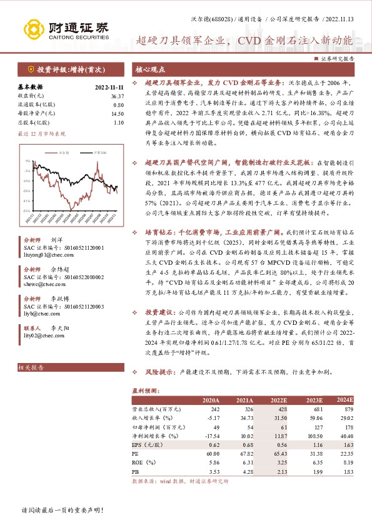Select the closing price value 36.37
(x=116, y=96)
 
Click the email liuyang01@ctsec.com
(x=46, y=255)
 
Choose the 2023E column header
(x=313, y=400)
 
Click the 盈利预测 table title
(x=144, y=390)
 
